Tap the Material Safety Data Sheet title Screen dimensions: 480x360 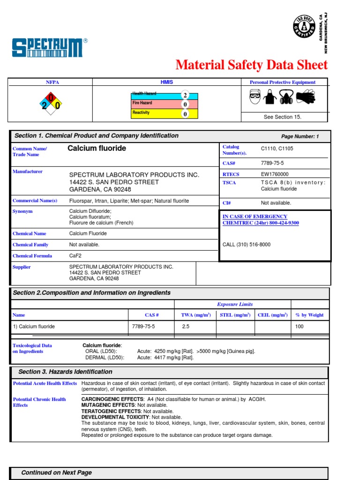(251, 65)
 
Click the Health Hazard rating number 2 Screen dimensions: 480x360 (185, 95)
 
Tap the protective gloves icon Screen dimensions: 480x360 (306, 97)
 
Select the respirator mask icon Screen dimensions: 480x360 (288, 97)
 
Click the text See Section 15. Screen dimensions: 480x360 (282, 117)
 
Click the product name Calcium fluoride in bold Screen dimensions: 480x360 (97, 149)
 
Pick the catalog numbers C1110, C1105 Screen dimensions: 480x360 (277, 149)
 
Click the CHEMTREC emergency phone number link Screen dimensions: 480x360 (260, 223)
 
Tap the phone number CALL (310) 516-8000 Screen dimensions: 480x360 (246, 245)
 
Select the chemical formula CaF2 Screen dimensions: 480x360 (75, 256)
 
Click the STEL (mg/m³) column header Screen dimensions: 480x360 (235, 315)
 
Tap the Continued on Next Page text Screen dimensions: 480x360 (56, 472)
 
